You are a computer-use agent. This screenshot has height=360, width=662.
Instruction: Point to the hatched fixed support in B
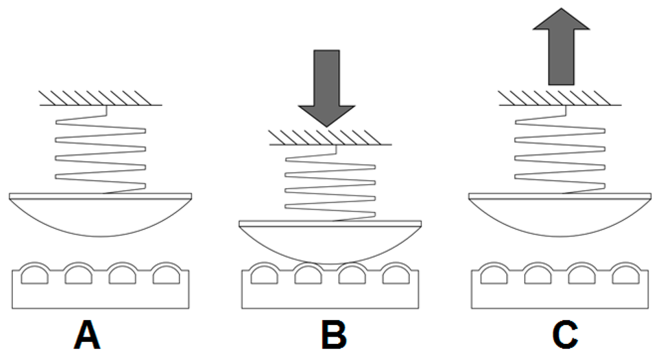click(x=330, y=137)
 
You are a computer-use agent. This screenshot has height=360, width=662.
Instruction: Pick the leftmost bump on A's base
click(x=34, y=274)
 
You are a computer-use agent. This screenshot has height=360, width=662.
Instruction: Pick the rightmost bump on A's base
click(x=166, y=274)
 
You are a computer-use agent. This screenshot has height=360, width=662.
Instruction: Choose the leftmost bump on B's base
click(x=263, y=274)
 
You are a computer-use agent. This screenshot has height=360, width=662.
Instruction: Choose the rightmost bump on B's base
click(x=395, y=274)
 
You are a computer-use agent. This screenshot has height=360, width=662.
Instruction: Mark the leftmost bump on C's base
click(x=493, y=274)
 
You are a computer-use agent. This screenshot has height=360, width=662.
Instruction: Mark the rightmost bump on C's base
click(x=625, y=274)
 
